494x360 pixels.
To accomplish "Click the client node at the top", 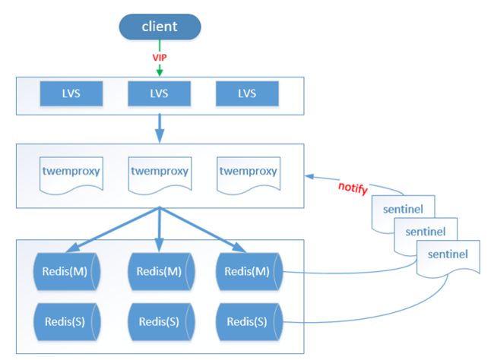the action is coord(160,27).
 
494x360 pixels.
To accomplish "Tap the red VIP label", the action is coord(160,58).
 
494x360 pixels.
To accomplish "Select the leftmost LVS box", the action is coord(71,93).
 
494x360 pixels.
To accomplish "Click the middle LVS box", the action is coord(159,93).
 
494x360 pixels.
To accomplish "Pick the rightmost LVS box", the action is coord(247,93).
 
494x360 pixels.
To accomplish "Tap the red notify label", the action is coord(353,188).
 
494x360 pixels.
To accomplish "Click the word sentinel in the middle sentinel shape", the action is coord(426,232).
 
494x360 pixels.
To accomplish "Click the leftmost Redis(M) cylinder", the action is coord(66,271).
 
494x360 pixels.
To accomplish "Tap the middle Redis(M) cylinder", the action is coord(161,271).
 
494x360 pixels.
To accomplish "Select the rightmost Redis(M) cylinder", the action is coord(249,271).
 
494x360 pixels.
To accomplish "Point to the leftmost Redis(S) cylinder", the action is coord(66,322).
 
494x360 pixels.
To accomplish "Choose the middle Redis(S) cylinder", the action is coord(161,322).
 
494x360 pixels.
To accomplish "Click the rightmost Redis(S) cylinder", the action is coord(249,322).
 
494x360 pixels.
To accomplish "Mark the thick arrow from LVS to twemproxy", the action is coord(160,128).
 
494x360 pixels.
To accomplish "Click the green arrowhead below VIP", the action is coord(160,71).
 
